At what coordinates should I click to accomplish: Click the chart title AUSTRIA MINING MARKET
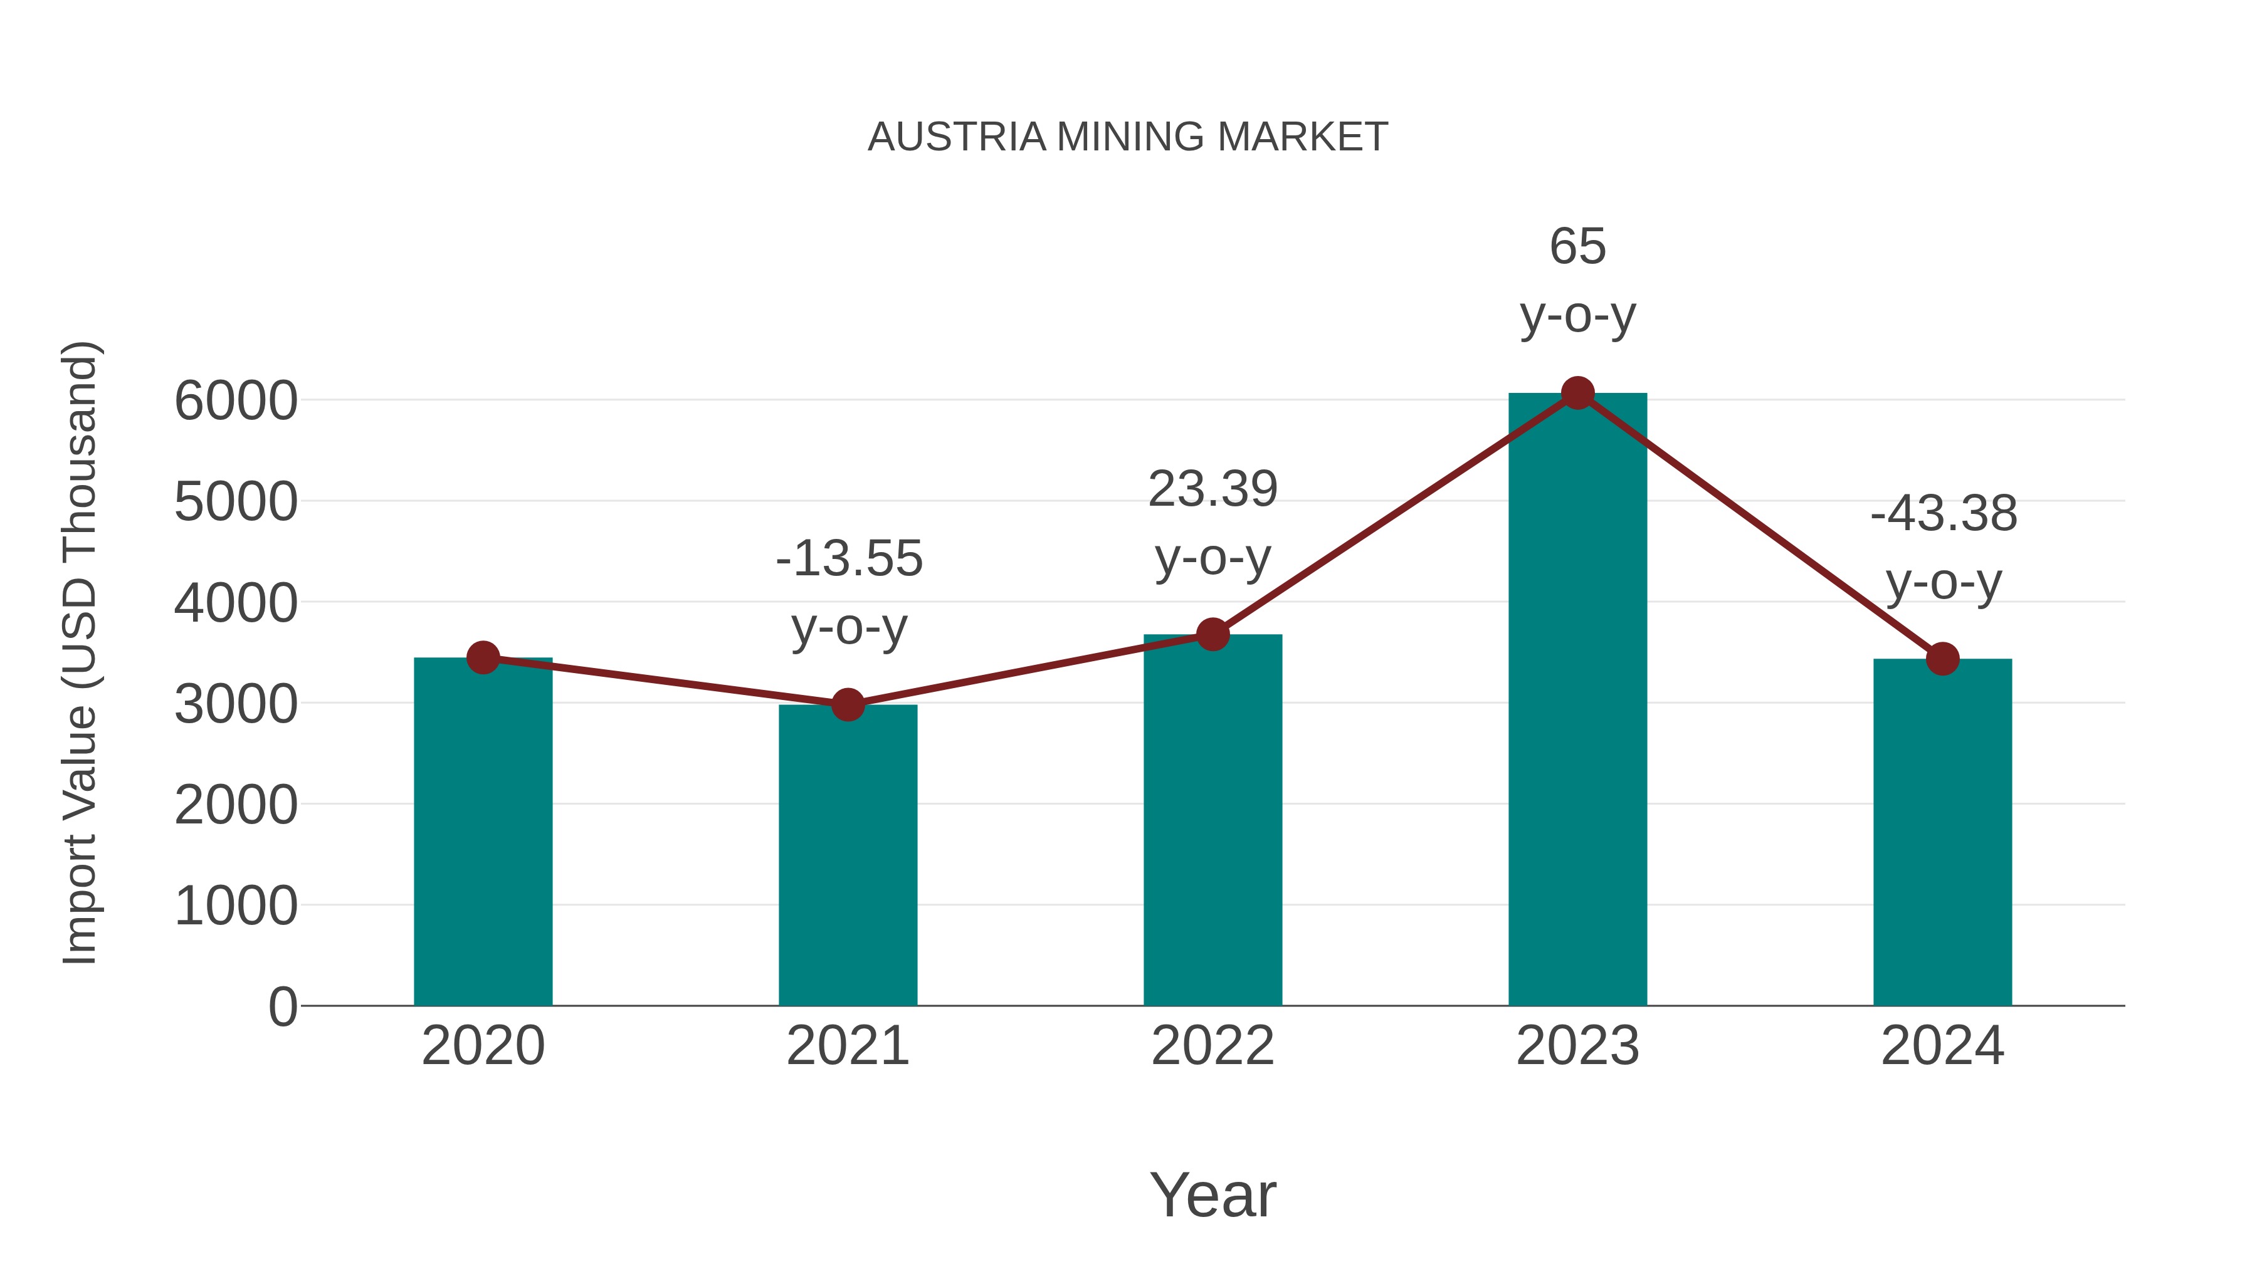tap(1128, 137)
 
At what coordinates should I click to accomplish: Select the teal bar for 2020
tap(483, 832)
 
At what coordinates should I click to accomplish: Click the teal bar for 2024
tap(1942, 832)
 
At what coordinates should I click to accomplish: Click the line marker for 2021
tap(847, 704)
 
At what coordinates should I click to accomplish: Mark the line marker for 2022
tap(1213, 634)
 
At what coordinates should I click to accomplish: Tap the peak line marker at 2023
tap(1577, 393)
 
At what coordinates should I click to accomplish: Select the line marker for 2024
tap(1942, 659)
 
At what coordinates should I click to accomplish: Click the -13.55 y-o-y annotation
tap(849, 592)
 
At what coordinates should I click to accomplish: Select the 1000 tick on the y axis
tap(236, 906)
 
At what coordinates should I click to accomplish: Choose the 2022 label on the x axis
tap(1213, 1046)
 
